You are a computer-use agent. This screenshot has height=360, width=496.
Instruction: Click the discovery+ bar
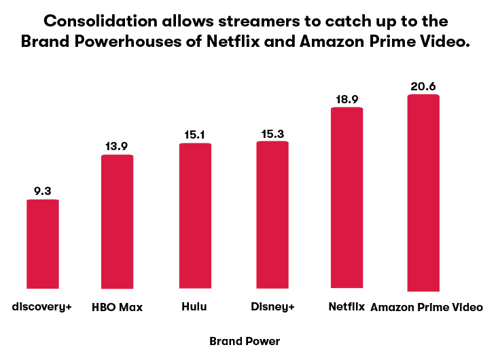(43, 244)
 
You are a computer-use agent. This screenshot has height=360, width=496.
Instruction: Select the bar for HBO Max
(117, 221)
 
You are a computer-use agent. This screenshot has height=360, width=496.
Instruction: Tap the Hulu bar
(195, 216)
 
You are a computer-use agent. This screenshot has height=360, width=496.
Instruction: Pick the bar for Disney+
(272, 215)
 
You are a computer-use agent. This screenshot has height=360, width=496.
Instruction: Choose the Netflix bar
(347, 198)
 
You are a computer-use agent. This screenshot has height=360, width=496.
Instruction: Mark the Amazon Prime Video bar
(423, 193)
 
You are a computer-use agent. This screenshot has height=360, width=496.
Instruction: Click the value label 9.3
(43, 191)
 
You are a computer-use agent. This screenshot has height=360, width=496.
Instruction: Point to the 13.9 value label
(117, 146)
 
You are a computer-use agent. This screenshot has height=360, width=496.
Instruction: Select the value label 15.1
(195, 134)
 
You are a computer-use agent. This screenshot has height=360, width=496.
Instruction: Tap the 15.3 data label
(272, 134)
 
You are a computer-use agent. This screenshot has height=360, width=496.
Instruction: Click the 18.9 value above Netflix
(347, 99)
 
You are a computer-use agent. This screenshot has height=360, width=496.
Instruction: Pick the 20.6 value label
(423, 86)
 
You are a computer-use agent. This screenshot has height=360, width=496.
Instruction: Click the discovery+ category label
(41, 307)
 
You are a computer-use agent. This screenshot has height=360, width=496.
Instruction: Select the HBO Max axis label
(117, 307)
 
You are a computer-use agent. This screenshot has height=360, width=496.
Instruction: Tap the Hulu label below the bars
(194, 306)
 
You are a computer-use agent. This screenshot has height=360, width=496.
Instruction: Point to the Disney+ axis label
(272, 307)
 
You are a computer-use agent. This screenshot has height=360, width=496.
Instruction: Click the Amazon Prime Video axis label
(427, 307)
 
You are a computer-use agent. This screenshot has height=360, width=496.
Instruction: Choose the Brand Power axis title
(245, 342)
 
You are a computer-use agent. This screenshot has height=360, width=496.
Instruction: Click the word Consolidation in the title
(101, 21)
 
